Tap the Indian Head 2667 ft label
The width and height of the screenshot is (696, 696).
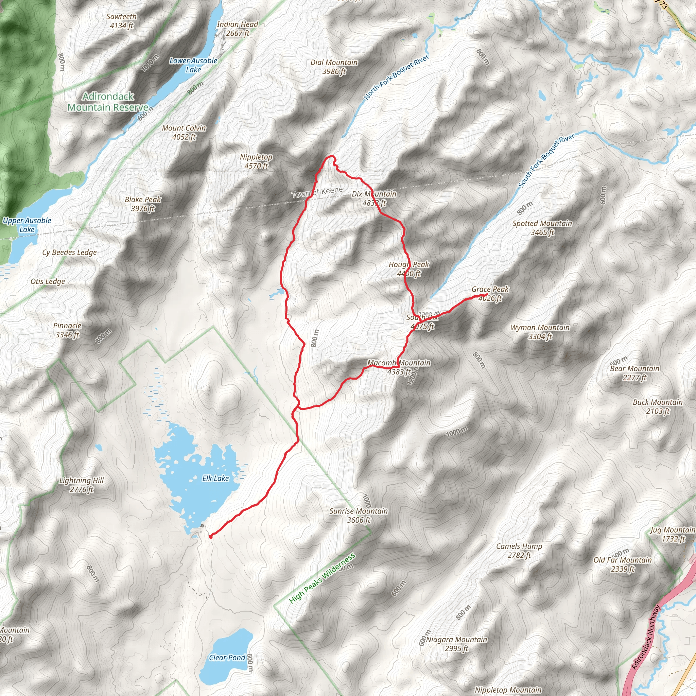click(238, 29)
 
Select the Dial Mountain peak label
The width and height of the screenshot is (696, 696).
click(334, 67)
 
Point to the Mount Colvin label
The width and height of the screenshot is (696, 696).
click(184, 132)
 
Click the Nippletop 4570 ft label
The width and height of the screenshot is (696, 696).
click(256, 161)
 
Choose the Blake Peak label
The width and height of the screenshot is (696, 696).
click(143, 204)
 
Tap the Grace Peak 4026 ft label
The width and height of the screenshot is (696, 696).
click(490, 294)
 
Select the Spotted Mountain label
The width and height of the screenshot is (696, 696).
click(542, 228)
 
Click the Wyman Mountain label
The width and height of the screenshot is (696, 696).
click(540, 332)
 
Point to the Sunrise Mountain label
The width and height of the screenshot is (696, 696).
click(359, 515)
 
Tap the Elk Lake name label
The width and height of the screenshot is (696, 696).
click(215, 478)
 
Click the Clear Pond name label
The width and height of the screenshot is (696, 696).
click(227, 658)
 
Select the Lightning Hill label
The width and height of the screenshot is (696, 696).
click(82, 485)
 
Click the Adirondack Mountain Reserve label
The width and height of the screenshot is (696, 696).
click(108, 102)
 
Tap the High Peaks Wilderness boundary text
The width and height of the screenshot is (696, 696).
click(322, 578)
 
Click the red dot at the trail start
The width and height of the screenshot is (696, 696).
click(210, 536)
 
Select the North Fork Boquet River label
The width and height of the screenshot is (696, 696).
click(396, 77)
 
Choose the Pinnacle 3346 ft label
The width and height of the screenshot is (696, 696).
click(67, 330)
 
